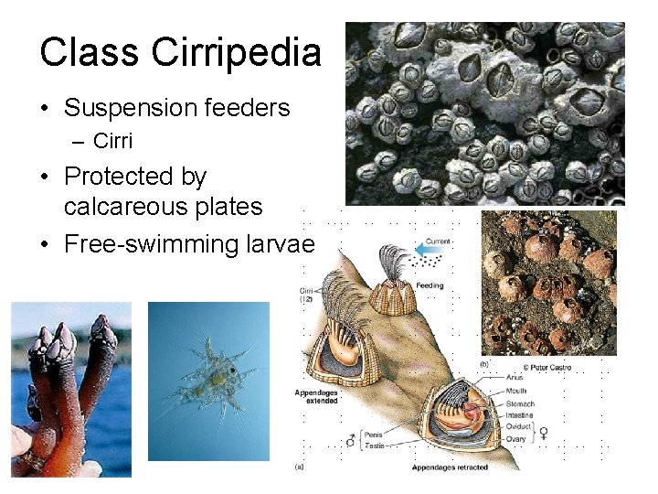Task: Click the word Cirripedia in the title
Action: [237, 53]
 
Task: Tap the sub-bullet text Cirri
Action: [112, 141]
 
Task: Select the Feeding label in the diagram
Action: [429, 285]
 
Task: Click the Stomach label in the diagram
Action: [522, 403]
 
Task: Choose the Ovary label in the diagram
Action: [516, 439]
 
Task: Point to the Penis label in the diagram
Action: [376, 435]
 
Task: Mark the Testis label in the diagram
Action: [376, 446]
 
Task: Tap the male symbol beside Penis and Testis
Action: [350, 441]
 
